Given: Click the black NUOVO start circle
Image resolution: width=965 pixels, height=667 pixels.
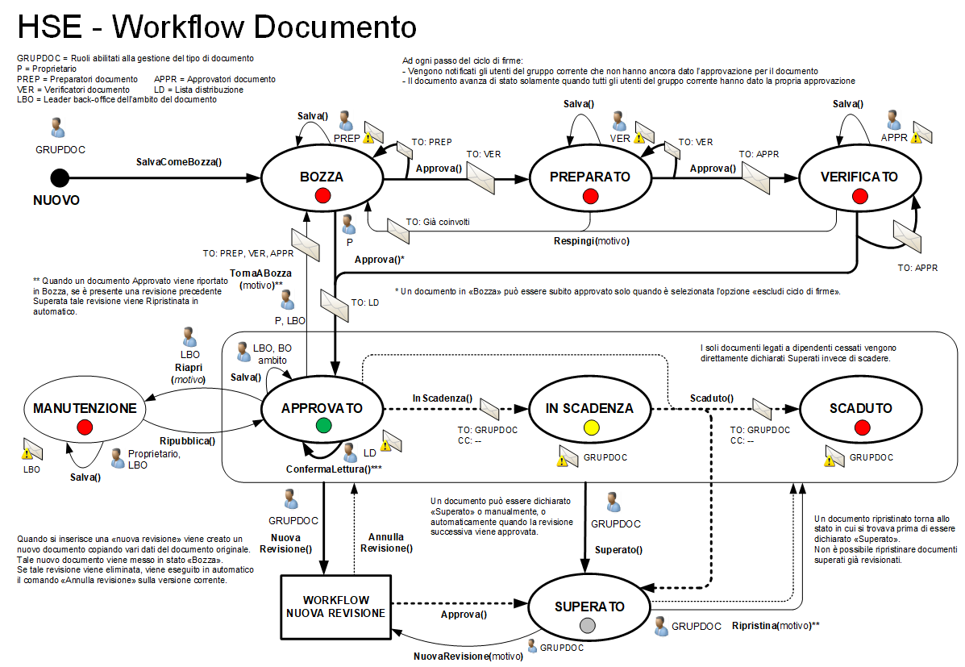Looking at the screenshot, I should pos(59,177).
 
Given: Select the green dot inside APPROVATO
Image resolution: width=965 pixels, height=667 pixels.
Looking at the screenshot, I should pos(323,425).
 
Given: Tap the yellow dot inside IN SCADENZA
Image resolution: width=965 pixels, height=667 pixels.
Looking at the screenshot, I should pos(590,427).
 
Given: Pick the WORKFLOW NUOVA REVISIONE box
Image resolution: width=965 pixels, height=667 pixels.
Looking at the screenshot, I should pos(335,607).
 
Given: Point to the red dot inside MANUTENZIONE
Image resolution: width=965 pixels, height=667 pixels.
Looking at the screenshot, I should pos(84,427).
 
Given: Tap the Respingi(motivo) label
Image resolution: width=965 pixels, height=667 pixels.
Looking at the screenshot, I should pos(592,241).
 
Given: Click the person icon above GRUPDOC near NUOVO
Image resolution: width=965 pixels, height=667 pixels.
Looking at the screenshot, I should pos(57,128).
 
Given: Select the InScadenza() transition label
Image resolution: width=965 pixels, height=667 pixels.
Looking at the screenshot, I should pos(443,398).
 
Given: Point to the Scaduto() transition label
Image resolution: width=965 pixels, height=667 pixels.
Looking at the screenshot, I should pos(711,398).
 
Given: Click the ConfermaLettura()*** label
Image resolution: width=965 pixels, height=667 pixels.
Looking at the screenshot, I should pos(334,469).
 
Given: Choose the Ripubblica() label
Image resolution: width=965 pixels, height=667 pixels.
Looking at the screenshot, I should pos(187,441).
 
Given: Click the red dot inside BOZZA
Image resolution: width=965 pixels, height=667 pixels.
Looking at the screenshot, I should pos(323,195).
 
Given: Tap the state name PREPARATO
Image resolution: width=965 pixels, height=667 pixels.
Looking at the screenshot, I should pos(590,177).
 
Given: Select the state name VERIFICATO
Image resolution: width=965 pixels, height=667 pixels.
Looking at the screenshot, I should pos(859,177).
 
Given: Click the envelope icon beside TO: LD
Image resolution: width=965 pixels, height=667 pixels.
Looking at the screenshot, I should pos(332,305).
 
